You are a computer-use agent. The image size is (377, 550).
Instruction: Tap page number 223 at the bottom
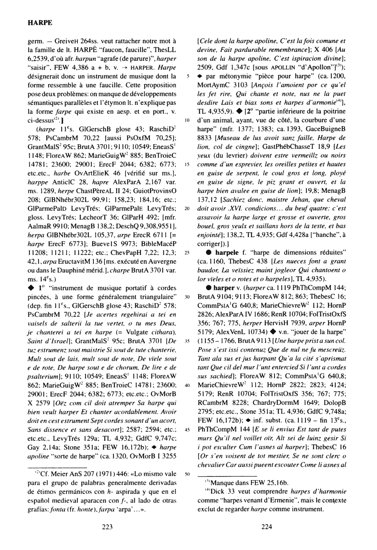coord(107,527)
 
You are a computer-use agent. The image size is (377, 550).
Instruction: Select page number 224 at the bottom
coord(267,527)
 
